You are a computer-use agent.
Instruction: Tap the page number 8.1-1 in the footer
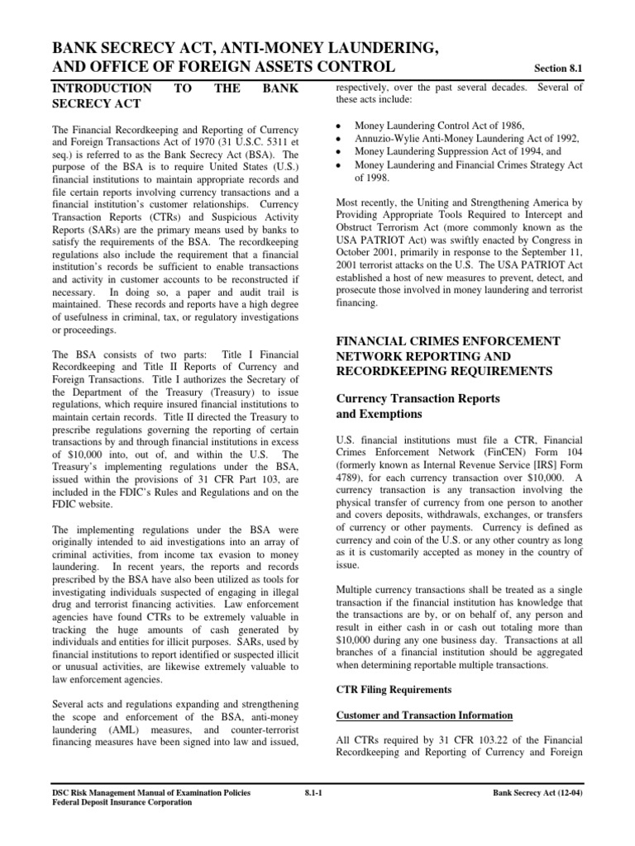pyautogui.click(x=317, y=794)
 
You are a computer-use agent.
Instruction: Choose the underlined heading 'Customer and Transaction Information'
pyautogui.click(x=424, y=715)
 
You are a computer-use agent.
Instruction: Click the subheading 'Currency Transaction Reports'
pyautogui.click(x=418, y=398)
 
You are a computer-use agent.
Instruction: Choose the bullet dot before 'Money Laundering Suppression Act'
pyautogui.click(x=340, y=152)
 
